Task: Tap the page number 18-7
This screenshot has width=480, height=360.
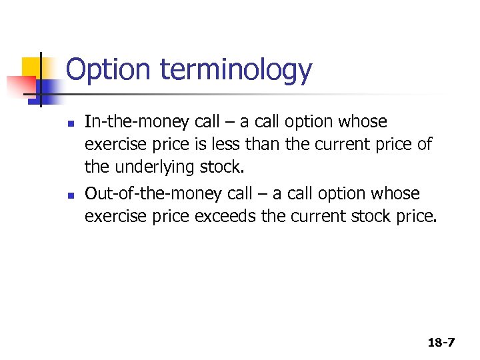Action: point(441,343)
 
